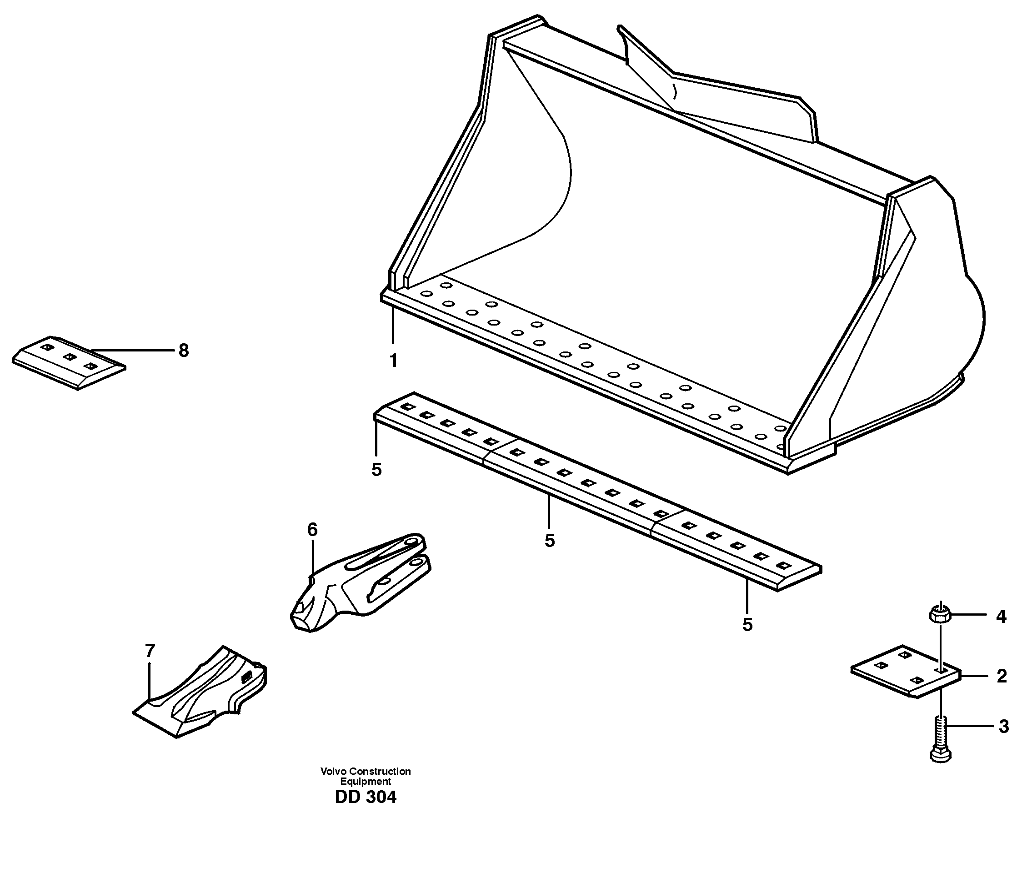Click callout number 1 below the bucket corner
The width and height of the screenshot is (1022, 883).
(x=393, y=361)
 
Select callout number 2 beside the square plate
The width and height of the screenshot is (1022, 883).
(x=1001, y=676)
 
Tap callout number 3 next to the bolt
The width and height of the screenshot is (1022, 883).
(x=1003, y=727)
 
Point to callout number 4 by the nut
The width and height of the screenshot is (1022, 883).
(x=1001, y=616)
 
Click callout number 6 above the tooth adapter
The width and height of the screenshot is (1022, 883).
(x=312, y=530)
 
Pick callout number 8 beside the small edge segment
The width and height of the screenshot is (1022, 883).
(x=184, y=351)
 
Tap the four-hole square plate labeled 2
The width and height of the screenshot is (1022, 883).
(x=906, y=671)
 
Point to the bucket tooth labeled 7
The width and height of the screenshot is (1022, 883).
(x=202, y=693)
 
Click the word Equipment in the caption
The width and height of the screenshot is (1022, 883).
(x=366, y=782)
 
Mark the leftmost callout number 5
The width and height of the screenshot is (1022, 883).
(x=376, y=470)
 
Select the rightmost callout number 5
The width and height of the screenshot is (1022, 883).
(x=747, y=625)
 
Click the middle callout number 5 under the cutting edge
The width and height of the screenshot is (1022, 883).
(x=550, y=541)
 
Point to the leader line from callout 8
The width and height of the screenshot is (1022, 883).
(x=133, y=350)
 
